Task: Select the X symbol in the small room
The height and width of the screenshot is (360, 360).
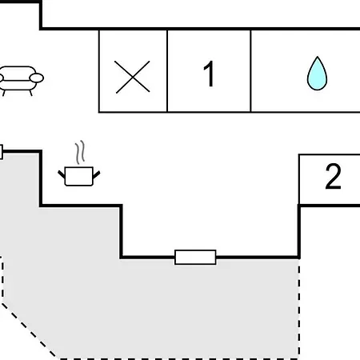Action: click(133, 77)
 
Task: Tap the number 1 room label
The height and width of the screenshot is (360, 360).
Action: click(209, 74)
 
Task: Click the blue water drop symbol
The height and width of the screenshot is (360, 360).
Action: click(317, 74)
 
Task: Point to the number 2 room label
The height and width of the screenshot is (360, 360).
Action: click(333, 176)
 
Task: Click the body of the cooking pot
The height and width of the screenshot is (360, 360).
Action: click(79, 176)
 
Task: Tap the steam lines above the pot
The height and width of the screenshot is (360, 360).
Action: click(80, 152)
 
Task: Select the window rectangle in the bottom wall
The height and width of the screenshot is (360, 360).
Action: click(195, 257)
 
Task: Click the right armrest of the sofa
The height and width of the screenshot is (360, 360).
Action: click(37, 78)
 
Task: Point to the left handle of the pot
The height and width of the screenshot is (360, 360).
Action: click(62, 174)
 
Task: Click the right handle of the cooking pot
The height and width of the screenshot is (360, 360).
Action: click(97, 174)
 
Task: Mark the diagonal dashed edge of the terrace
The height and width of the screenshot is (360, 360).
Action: click(29, 330)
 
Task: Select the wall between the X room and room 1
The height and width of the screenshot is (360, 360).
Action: click(167, 71)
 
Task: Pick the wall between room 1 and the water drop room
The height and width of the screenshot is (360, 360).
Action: click(250, 71)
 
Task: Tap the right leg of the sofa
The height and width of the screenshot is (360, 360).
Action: click(30, 93)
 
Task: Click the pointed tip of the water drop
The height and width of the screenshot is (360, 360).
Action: click(317, 57)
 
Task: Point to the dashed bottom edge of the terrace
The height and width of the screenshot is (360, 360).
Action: click(178, 358)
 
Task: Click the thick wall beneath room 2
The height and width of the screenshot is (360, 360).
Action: click(330, 206)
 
